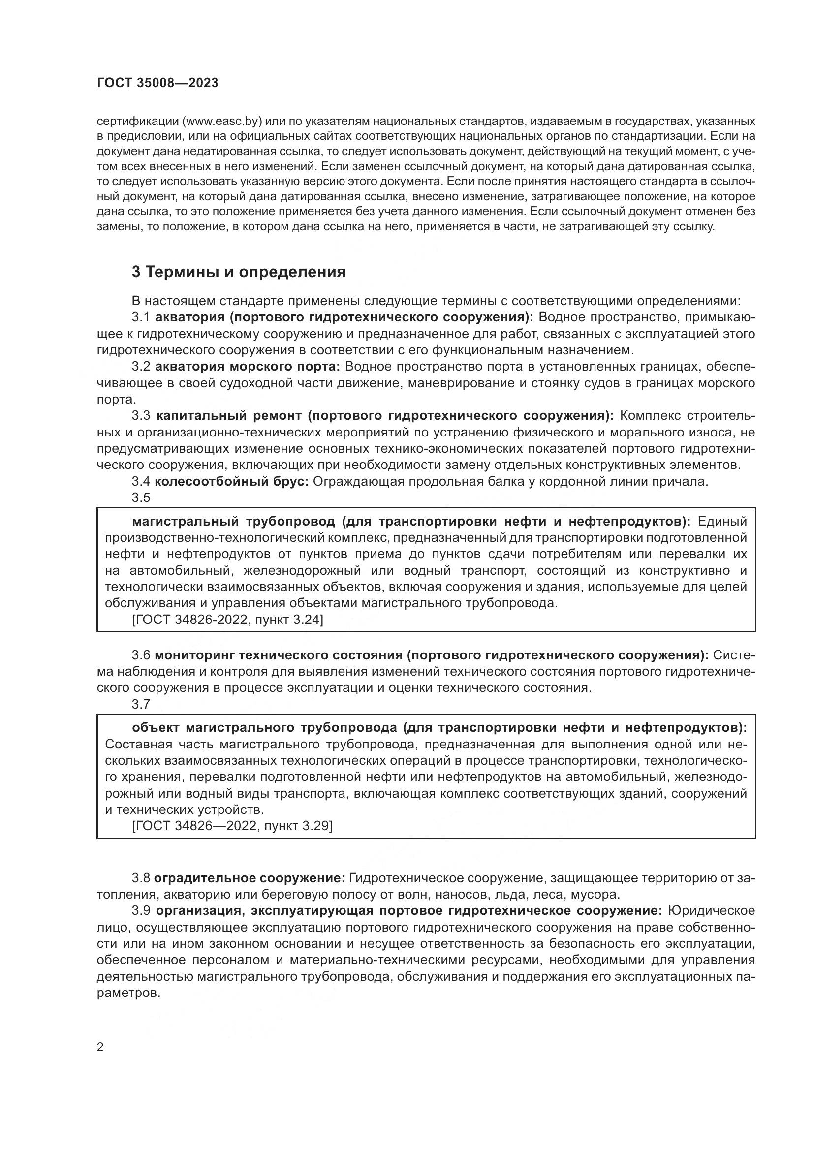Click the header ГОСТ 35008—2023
point(157,83)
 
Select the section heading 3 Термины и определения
point(239,272)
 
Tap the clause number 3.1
point(141,317)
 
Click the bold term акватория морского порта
point(248,367)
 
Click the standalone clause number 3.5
point(141,498)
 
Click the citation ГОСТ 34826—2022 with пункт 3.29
point(232,826)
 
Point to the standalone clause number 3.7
point(141,704)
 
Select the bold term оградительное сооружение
point(249,878)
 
